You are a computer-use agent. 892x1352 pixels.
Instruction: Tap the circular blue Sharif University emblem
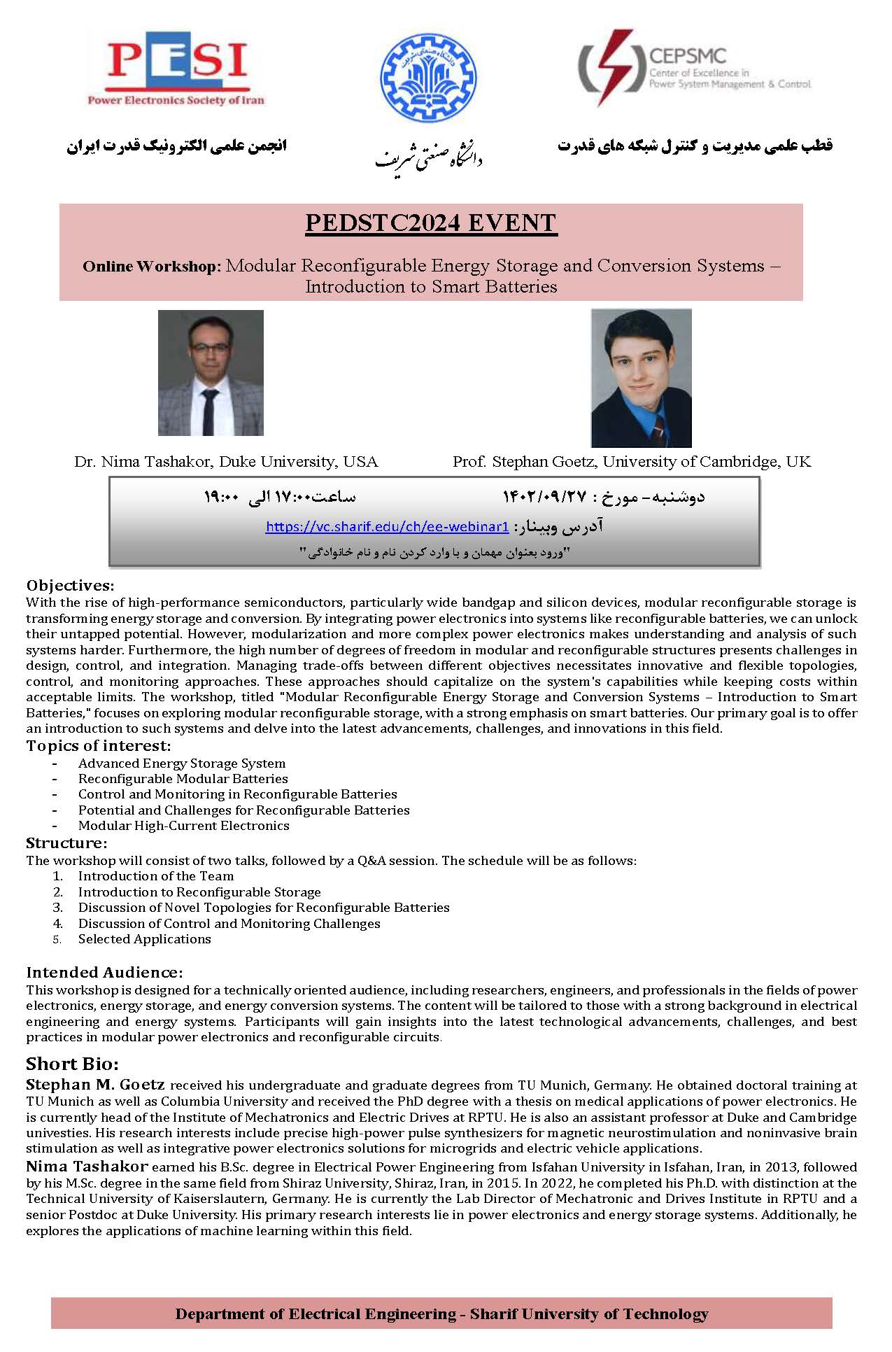426,78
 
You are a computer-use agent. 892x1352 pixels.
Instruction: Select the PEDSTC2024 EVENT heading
431,223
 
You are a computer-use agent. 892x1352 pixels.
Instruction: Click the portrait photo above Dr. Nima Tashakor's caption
211,373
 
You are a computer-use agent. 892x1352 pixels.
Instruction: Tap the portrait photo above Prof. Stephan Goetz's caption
641,378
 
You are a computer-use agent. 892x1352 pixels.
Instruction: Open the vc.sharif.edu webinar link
387,527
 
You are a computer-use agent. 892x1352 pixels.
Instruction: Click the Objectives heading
70,586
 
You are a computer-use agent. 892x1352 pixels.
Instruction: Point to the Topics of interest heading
98,746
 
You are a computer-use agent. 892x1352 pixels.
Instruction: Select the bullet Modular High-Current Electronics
183,826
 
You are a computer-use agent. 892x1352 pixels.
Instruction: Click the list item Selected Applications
144,939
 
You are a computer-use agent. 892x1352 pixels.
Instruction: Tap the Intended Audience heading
104,973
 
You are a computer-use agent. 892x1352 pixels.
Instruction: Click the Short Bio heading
72,1064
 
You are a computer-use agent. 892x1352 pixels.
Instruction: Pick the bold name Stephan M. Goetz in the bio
95,1085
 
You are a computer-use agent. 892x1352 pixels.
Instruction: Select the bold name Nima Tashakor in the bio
87,1167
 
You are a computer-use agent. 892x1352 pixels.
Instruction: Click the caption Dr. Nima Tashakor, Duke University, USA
226,462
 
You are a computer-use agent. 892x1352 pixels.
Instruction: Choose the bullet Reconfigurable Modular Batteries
183,779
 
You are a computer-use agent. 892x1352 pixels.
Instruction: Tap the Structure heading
66,843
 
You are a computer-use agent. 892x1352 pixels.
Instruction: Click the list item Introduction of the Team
155,876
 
